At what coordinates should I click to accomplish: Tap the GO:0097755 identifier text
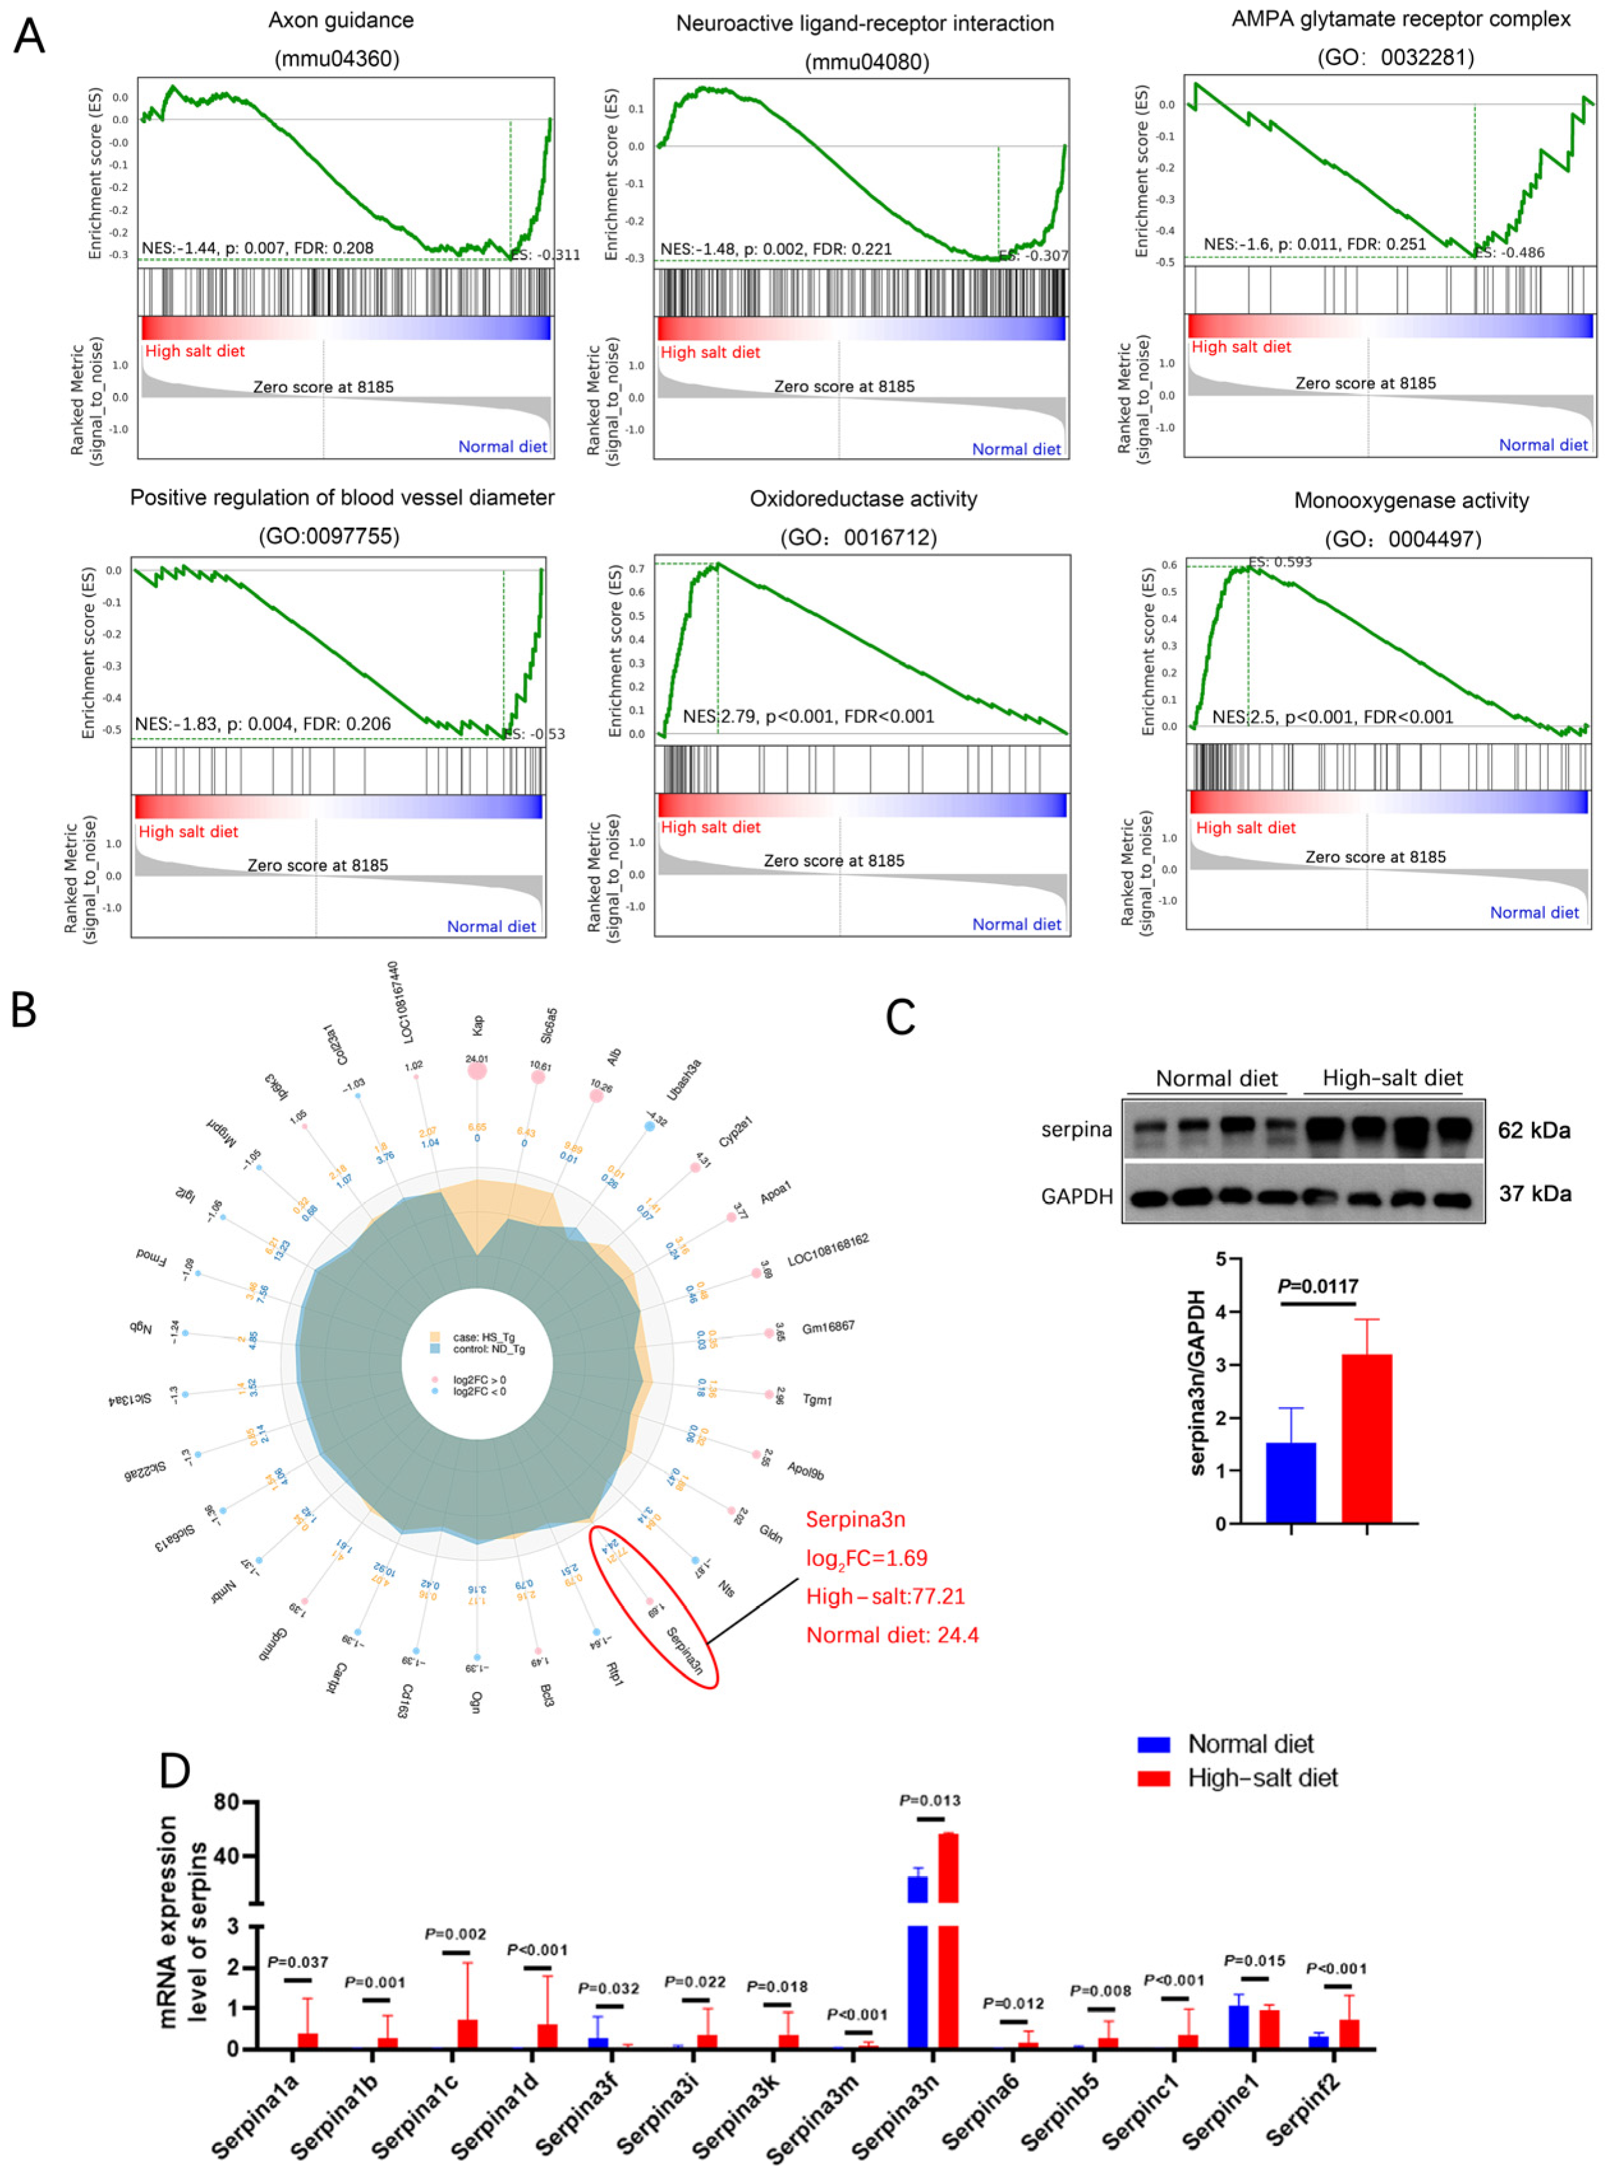(x=329, y=537)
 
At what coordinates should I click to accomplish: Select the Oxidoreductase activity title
(x=863, y=499)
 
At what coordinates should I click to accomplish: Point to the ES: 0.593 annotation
(x=1280, y=562)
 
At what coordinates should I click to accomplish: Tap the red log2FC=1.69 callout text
(x=866, y=1558)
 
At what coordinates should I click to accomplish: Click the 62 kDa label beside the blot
(x=1534, y=1130)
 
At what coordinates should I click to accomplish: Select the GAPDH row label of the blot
(x=1077, y=1196)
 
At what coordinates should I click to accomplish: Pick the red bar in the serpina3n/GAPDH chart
(x=1367, y=1439)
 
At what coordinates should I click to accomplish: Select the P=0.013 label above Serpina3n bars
(x=930, y=1800)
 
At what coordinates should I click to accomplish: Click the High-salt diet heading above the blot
(x=1392, y=1079)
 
